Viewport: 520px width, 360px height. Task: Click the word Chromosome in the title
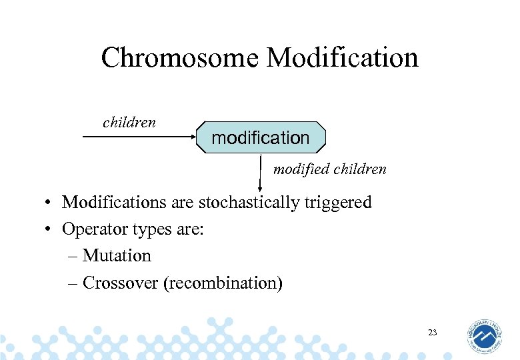pos(181,58)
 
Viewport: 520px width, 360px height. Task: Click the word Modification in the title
pos(342,58)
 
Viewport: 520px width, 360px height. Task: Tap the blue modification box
pos(260,138)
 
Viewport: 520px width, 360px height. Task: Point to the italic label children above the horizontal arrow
pos(129,122)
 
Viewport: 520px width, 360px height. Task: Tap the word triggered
pos(338,202)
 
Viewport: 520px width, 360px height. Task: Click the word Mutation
pos(117,256)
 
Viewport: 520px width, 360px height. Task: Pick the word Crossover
pos(121,283)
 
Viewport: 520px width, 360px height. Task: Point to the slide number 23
pos(432,331)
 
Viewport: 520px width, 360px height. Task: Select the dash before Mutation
pos(73,256)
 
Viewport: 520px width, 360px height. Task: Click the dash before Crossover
pos(73,283)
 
